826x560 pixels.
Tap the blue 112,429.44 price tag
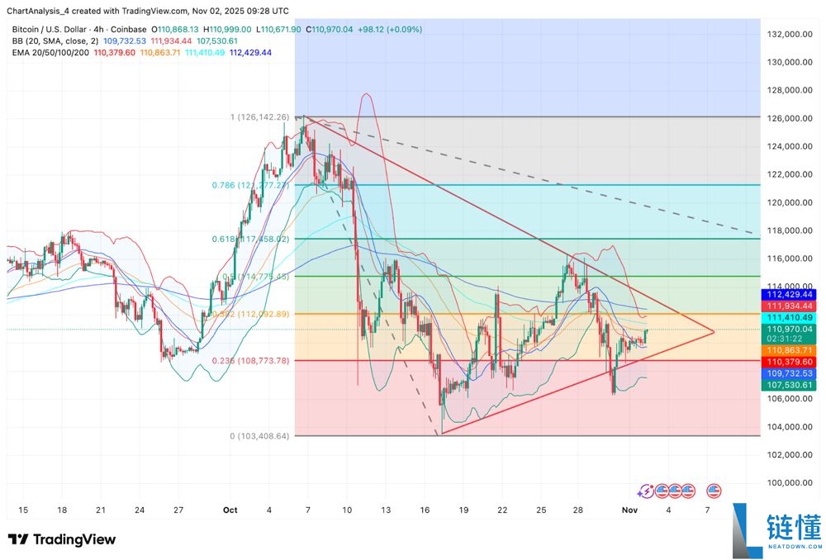pos(789,294)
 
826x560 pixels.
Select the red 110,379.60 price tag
pos(789,362)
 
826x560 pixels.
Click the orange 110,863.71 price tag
pos(789,351)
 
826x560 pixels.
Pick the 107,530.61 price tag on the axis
pos(789,385)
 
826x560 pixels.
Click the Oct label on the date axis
pos(230,510)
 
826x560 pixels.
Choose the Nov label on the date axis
pos(629,510)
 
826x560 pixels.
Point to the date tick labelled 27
pos(178,510)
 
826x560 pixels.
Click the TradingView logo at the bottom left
pos(62,539)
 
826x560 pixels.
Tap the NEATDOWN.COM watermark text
pos(794,547)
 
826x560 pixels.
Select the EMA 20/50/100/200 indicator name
pos(50,52)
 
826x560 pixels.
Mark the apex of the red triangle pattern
pos(714,332)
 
